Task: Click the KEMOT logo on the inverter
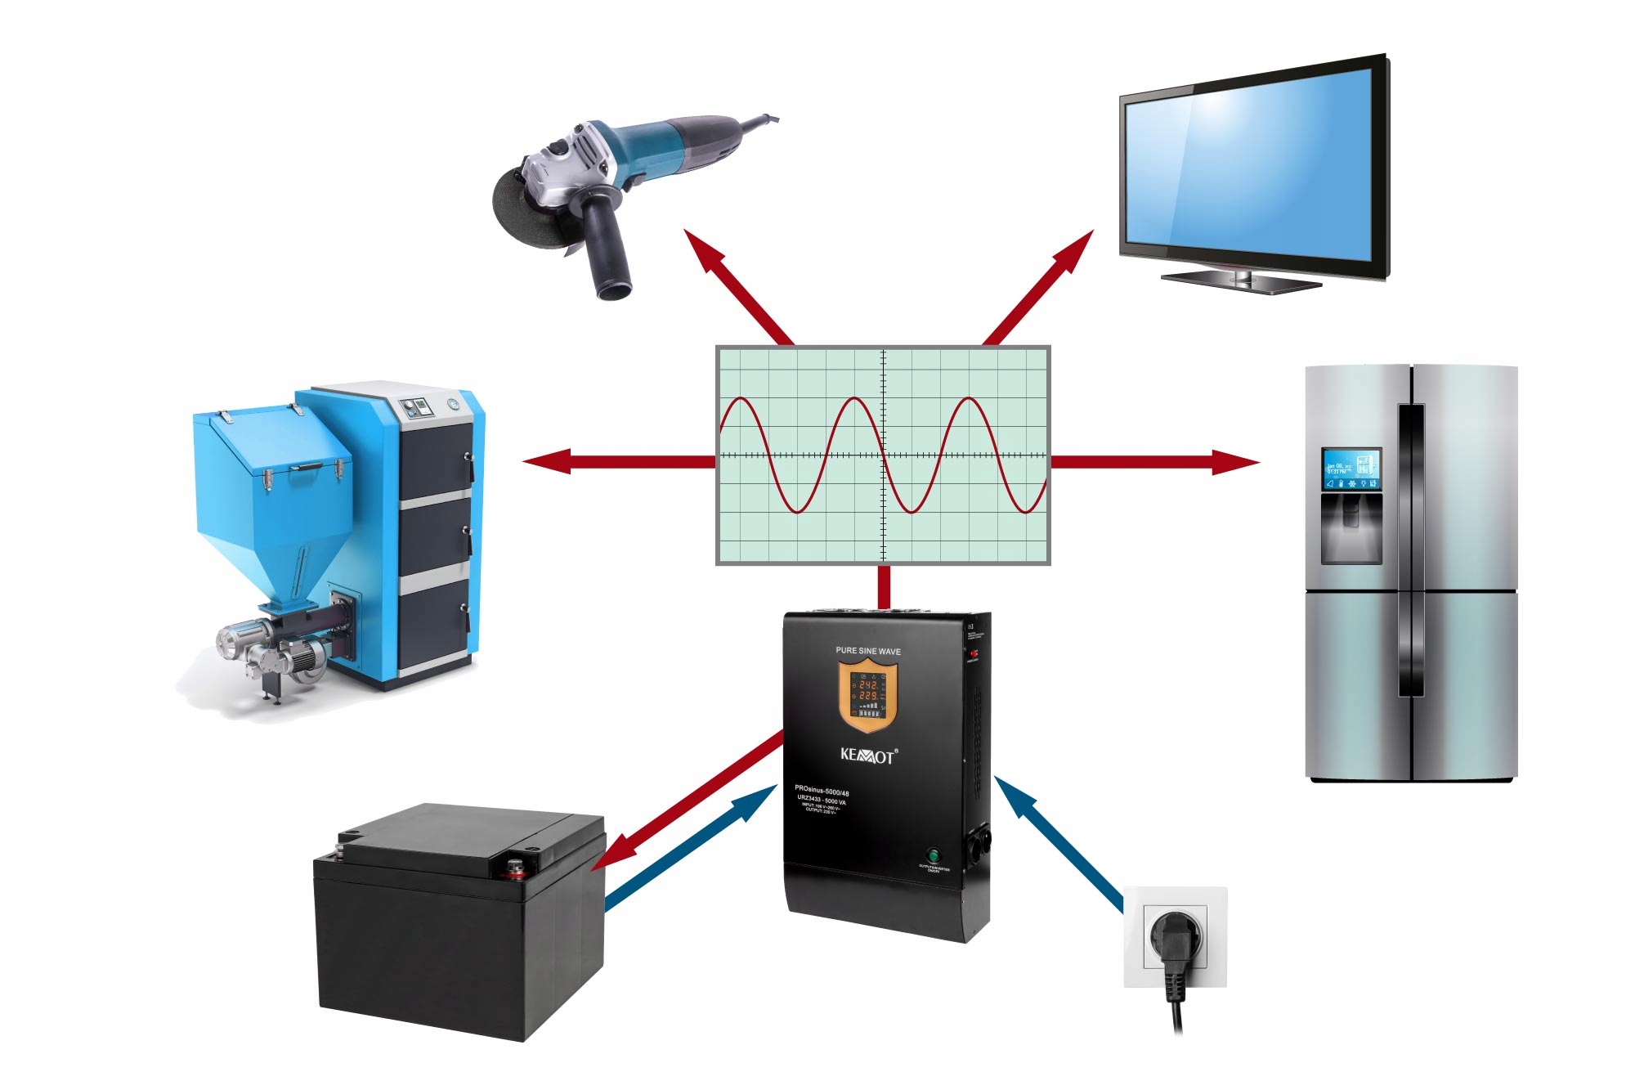click(x=868, y=755)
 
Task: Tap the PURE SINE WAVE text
click(x=867, y=651)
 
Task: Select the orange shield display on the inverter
click(x=867, y=696)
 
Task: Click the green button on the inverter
click(x=933, y=855)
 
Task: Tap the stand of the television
click(x=1241, y=280)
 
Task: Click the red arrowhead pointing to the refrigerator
click(x=1236, y=462)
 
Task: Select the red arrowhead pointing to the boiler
click(x=546, y=461)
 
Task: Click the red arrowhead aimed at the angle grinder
click(x=701, y=249)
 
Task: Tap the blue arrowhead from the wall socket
click(x=1012, y=794)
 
